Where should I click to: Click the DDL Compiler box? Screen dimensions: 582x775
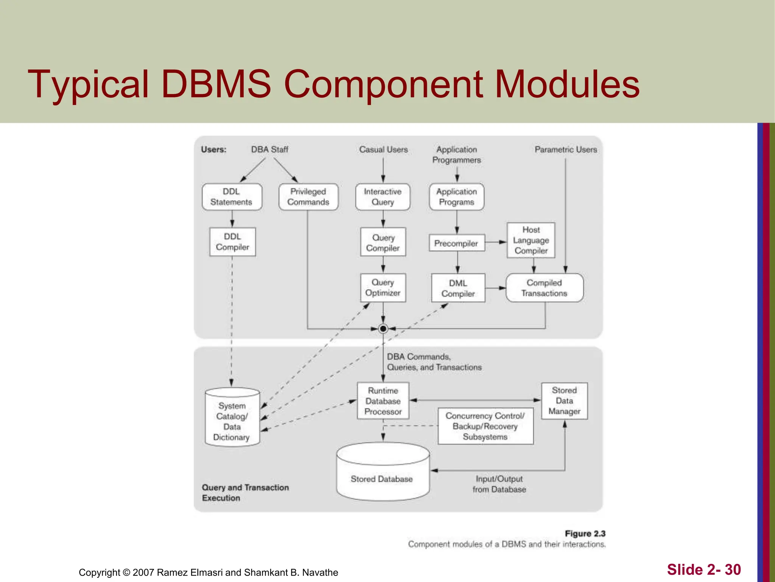point(232,242)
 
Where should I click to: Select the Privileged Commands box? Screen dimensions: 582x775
point(308,197)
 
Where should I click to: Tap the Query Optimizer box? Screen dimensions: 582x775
point(383,288)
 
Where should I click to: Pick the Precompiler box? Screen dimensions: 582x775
point(456,243)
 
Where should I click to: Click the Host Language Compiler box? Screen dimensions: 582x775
point(531,240)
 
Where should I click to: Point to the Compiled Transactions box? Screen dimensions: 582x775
point(544,288)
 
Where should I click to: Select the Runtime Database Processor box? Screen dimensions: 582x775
point(383,401)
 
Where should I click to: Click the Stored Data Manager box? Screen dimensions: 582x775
point(564,401)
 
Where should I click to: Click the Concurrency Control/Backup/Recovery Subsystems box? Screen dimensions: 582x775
point(485,426)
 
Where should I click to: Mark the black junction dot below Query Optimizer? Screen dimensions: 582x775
point(383,329)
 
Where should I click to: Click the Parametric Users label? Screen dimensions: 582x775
point(566,150)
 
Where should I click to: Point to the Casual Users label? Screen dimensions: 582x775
point(383,150)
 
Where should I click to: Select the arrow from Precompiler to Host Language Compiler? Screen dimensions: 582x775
point(496,242)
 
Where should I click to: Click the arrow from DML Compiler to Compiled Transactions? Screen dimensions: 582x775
point(495,288)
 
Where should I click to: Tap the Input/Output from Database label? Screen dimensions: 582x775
point(499,484)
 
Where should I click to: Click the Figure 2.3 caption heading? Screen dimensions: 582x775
point(585,533)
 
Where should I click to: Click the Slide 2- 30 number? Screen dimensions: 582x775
point(703,569)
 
